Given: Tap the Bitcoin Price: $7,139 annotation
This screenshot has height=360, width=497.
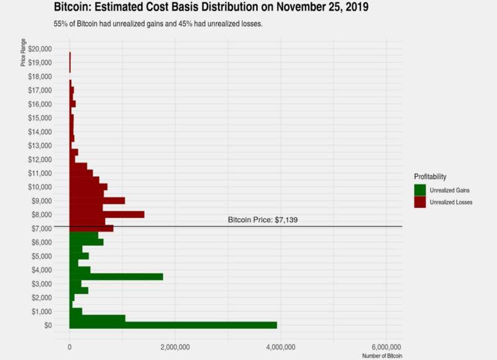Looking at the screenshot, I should (263, 220).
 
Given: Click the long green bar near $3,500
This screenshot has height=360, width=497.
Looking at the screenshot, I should (116, 276).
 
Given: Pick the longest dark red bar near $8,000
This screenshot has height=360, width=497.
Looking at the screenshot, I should (107, 214).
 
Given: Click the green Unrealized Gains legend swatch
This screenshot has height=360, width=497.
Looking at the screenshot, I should (420, 190).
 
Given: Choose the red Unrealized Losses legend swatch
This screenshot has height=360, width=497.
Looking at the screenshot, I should (420, 202).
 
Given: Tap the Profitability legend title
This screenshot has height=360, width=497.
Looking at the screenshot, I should (431, 177).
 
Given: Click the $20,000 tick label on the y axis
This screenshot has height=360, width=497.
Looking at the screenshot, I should (39, 49).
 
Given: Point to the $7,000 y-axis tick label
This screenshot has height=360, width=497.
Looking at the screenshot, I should (41, 228).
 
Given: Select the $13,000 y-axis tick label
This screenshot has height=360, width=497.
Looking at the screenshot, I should (39, 145).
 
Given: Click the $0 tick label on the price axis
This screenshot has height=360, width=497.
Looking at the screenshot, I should (47, 325).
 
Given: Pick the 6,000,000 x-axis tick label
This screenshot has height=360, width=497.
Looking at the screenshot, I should (386, 346).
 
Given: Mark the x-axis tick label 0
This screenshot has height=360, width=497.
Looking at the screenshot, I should (70, 346).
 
